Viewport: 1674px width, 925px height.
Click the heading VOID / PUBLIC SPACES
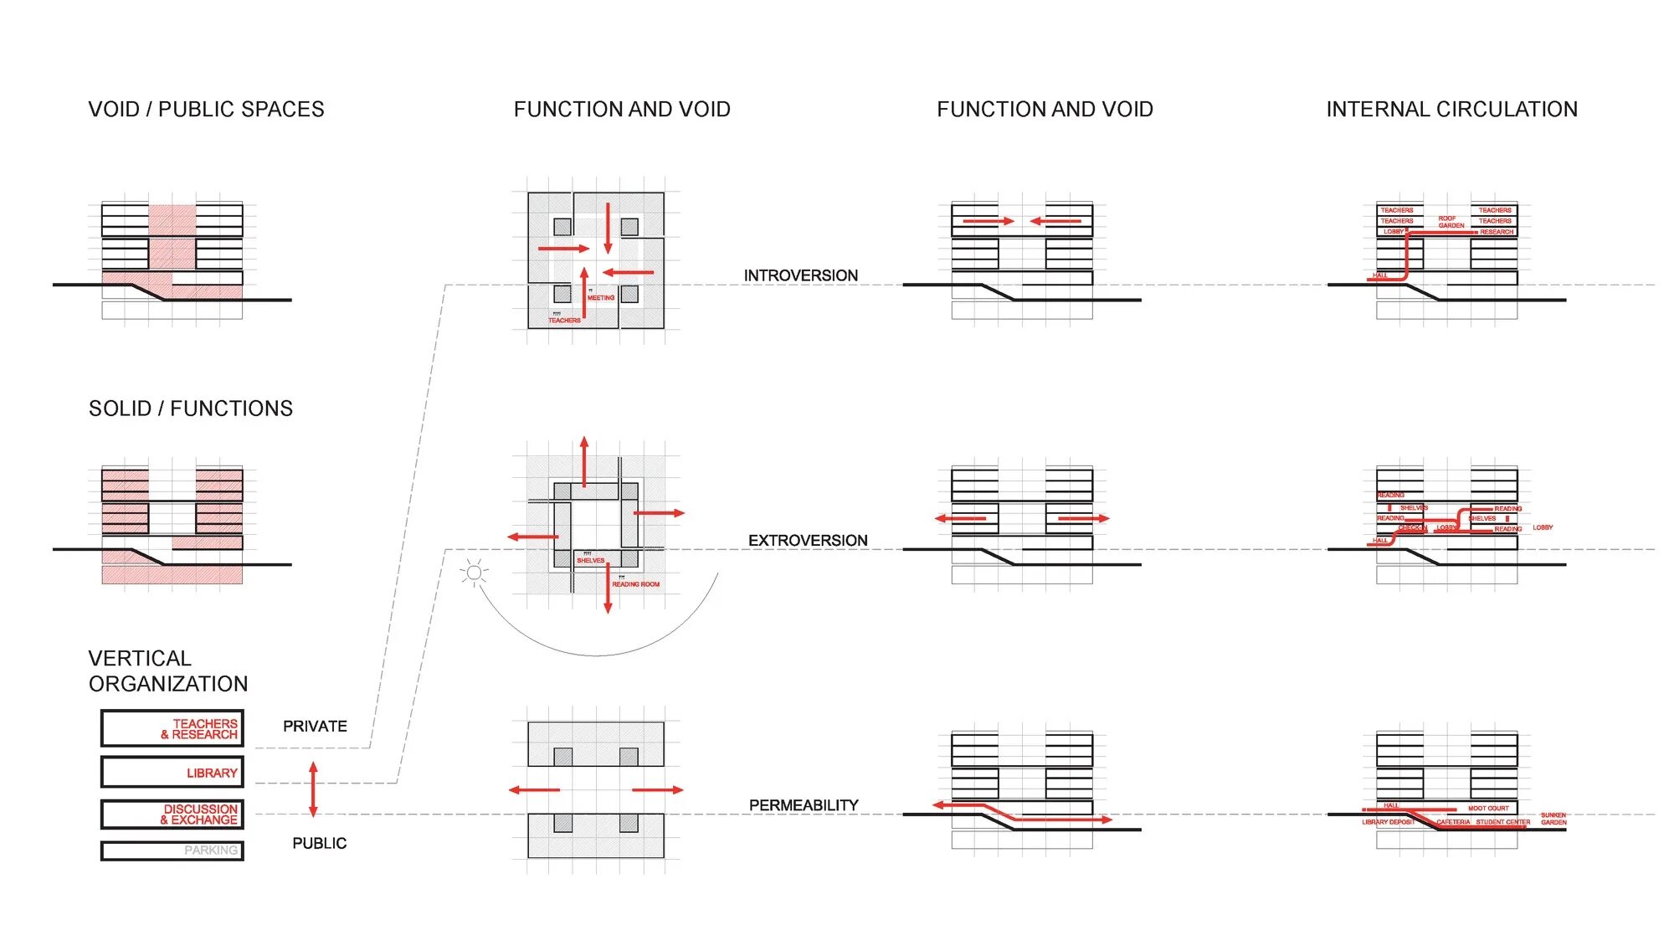pyautogui.click(x=206, y=110)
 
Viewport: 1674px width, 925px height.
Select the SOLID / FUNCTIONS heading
pyautogui.click(x=191, y=409)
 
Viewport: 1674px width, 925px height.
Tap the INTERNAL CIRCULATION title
pyautogui.click(x=1451, y=110)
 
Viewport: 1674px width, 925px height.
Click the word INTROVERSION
pyautogui.click(x=800, y=275)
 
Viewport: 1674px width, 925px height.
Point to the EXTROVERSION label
pyautogui.click(x=808, y=541)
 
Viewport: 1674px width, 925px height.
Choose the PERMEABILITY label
pyautogui.click(x=804, y=805)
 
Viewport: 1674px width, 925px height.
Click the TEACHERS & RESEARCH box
pyautogui.click(x=172, y=728)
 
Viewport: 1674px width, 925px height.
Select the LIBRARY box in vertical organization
pyautogui.click(x=172, y=772)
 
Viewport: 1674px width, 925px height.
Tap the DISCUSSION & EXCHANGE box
pyautogui.click(x=172, y=815)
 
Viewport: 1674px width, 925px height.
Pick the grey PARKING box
pyautogui.click(x=172, y=850)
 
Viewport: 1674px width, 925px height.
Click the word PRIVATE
pyautogui.click(x=315, y=727)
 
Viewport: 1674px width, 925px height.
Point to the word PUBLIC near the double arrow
pyautogui.click(x=319, y=844)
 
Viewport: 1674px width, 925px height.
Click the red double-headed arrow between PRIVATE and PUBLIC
pyautogui.click(x=313, y=789)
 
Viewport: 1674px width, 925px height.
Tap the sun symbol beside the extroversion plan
pyautogui.click(x=474, y=573)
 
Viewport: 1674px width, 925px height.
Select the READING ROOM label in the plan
pyautogui.click(x=635, y=584)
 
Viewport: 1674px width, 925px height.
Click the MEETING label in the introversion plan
pyautogui.click(x=601, y=298)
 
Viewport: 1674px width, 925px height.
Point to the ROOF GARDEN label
pyautogui.click(x=1451, y=222)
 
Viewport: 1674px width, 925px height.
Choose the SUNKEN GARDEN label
pyautogui.click(x=1553, y=819)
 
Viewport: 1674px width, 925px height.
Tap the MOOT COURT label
pyautogui.click(x=1488, y=809)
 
